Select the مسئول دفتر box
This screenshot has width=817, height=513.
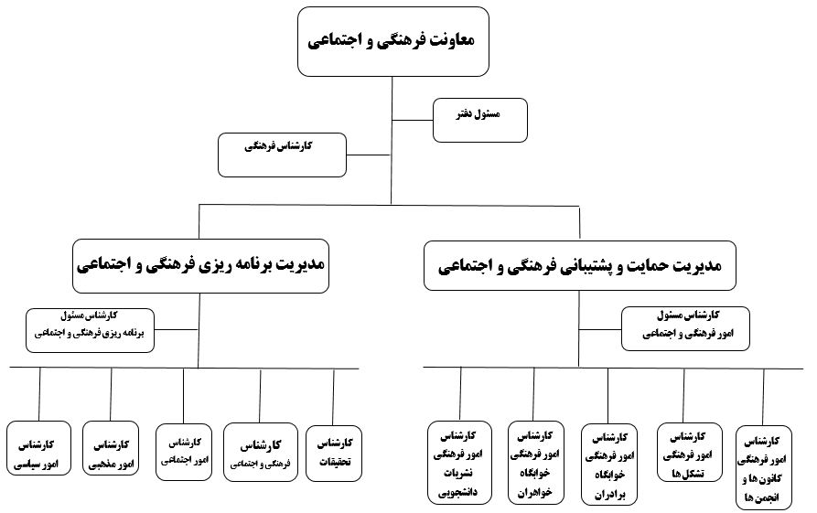pos(480,120)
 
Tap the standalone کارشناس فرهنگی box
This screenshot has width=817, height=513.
pos(282,155)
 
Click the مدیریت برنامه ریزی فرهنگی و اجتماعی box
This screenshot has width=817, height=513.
pos(199,265)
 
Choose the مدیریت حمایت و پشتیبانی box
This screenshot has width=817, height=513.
pos(579,265)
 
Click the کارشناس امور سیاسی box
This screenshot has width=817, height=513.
pos(39,447)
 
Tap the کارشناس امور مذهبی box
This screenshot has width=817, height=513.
pos(111,447)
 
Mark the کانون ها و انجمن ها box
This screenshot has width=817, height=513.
pos(764,466)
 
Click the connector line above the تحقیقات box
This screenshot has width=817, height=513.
pos(333,396)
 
